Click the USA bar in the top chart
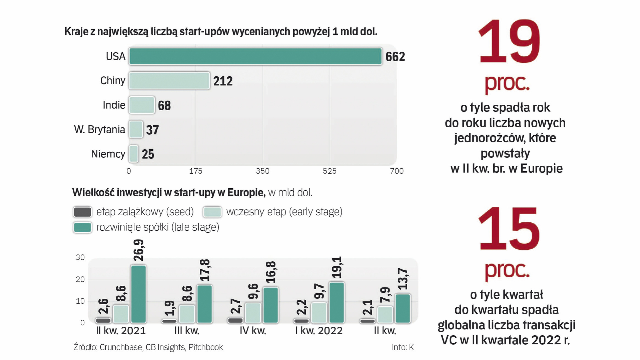255,56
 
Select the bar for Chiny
169,81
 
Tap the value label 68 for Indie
164,106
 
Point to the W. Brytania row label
99,129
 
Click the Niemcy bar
133,154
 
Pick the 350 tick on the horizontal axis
262,171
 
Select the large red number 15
508,229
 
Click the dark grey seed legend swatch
82,212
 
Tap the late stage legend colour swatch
82,227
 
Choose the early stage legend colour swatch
212,212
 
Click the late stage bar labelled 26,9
138,294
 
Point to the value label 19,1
337,267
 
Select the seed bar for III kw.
169,321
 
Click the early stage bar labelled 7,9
385,315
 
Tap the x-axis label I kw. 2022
318,331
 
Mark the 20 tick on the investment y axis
80,279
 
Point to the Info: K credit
403,347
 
